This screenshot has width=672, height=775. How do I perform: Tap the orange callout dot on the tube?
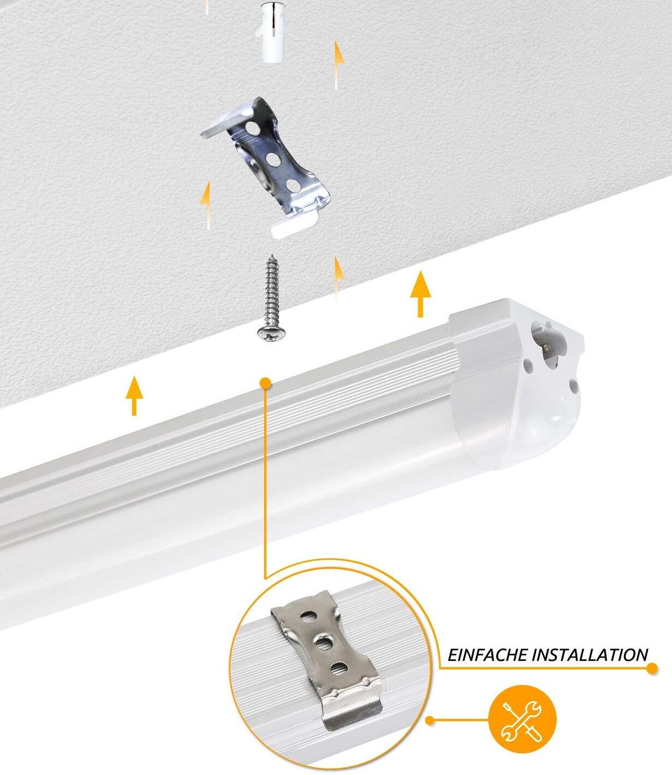click(x=266, y=383)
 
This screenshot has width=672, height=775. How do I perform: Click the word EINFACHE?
click(x=487, y=655)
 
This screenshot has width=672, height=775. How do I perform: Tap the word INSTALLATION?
click(x=590, y=655)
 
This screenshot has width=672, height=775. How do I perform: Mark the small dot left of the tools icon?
click(x=430, y=720)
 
